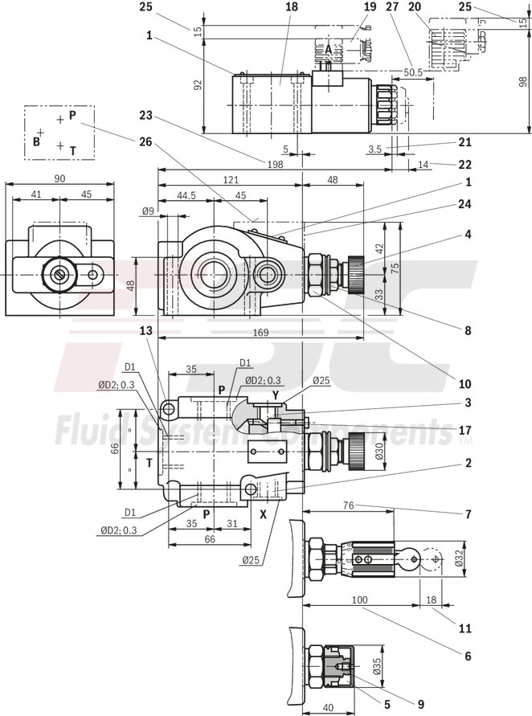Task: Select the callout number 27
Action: (x=392, y=6)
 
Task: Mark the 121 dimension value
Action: (x=231, y=181)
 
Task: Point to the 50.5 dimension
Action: (x=413, y=72)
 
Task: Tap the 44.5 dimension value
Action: (x=186, y=196)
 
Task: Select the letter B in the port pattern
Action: (x=36, y=141)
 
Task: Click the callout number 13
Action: (x=145, y=329)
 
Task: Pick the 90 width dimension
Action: (x=59, y=178)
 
